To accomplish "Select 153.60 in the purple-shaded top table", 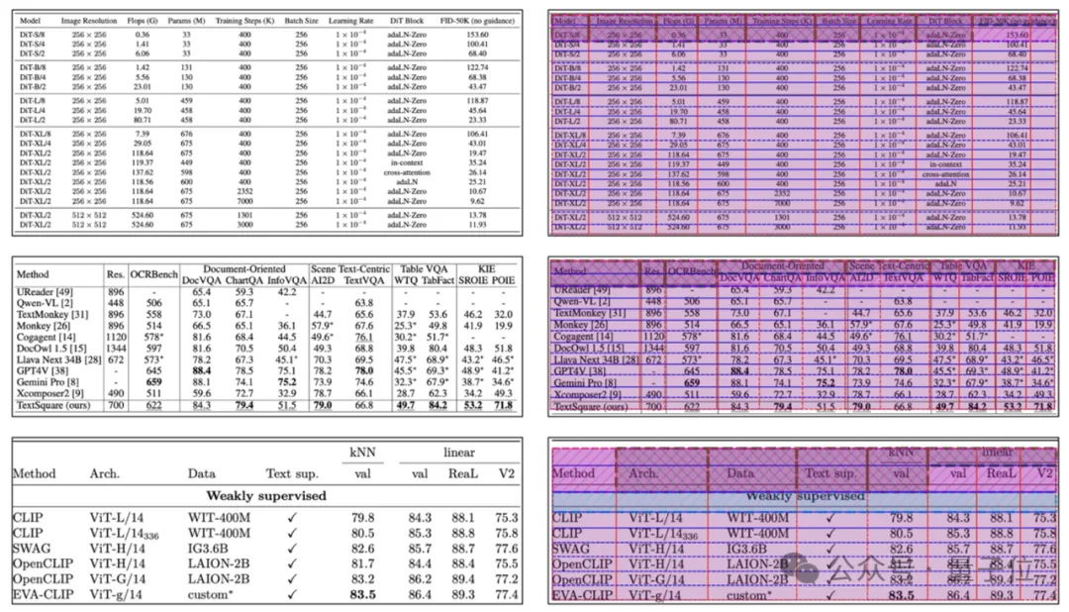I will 1020,34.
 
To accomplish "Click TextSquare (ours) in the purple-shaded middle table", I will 592,406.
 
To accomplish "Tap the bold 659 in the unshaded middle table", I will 153,381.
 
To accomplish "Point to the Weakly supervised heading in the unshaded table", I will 265,495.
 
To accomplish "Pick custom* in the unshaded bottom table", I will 211,595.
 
